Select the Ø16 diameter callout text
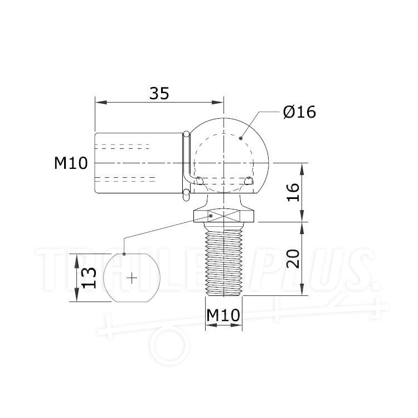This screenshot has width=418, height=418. pos(299,112)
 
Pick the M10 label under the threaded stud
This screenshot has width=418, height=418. pos(223,315)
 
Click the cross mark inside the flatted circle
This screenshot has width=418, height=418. pos(131,277)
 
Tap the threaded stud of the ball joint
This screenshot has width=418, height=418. pos(223,262)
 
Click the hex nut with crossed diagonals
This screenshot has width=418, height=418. pos(223,215)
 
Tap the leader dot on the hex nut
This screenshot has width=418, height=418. pos(211,214)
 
